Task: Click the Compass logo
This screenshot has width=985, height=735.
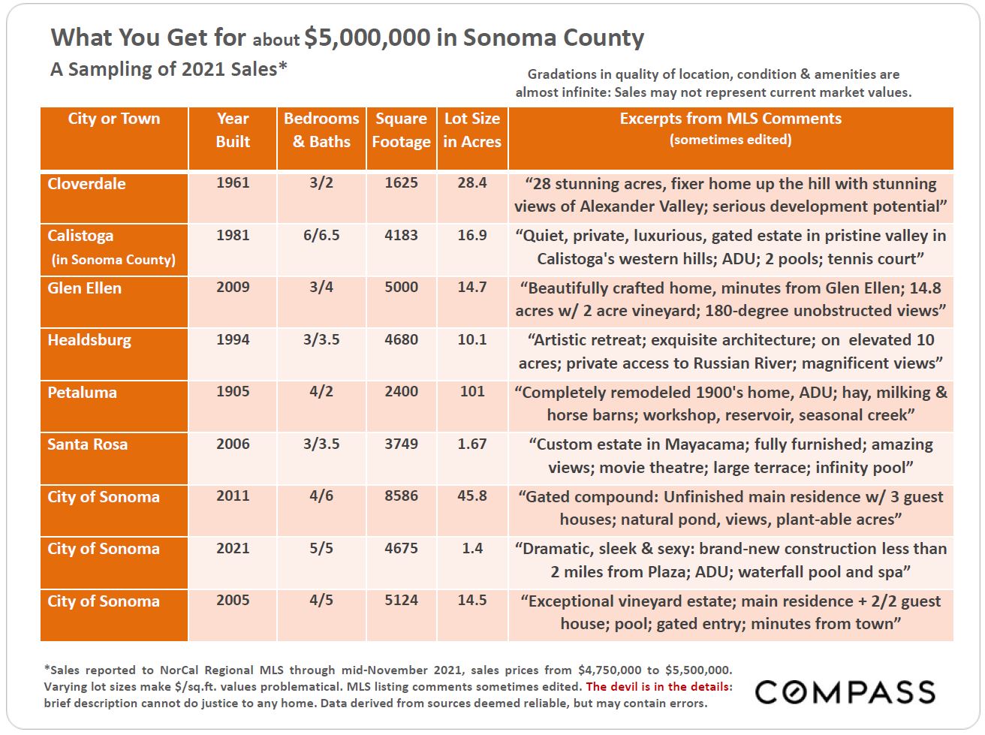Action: pos(845,691)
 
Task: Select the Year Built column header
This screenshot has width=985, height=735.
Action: pos(233,130)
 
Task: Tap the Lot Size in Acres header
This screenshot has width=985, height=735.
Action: pos(472,130)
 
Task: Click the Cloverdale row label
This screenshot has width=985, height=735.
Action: pos(86,183)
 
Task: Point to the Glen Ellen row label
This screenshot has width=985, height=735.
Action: pos(84,288)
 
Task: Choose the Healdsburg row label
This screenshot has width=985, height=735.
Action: pos(89,340)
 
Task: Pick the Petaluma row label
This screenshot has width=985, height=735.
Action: pos(82,393)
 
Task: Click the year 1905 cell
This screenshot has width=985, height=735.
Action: pos(233,391)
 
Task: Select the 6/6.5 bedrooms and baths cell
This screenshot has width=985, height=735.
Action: pos(321,235)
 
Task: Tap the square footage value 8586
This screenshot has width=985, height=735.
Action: pos(401,496)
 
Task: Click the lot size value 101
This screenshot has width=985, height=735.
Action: pos(472,391)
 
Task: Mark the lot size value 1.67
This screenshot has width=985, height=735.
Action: pos(472,444)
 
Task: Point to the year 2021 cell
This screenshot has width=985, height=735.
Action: pos(233,548)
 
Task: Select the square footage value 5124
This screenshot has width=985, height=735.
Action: pos(401,600)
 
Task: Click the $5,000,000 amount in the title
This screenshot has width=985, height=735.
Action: pos(367,38)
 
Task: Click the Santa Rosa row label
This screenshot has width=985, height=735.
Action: pos(88,444)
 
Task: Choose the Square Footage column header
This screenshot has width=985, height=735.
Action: pos(401,130)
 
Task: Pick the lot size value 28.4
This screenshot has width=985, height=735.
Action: pos(472,182)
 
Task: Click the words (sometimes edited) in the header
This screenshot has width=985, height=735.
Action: pos(730,140)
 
